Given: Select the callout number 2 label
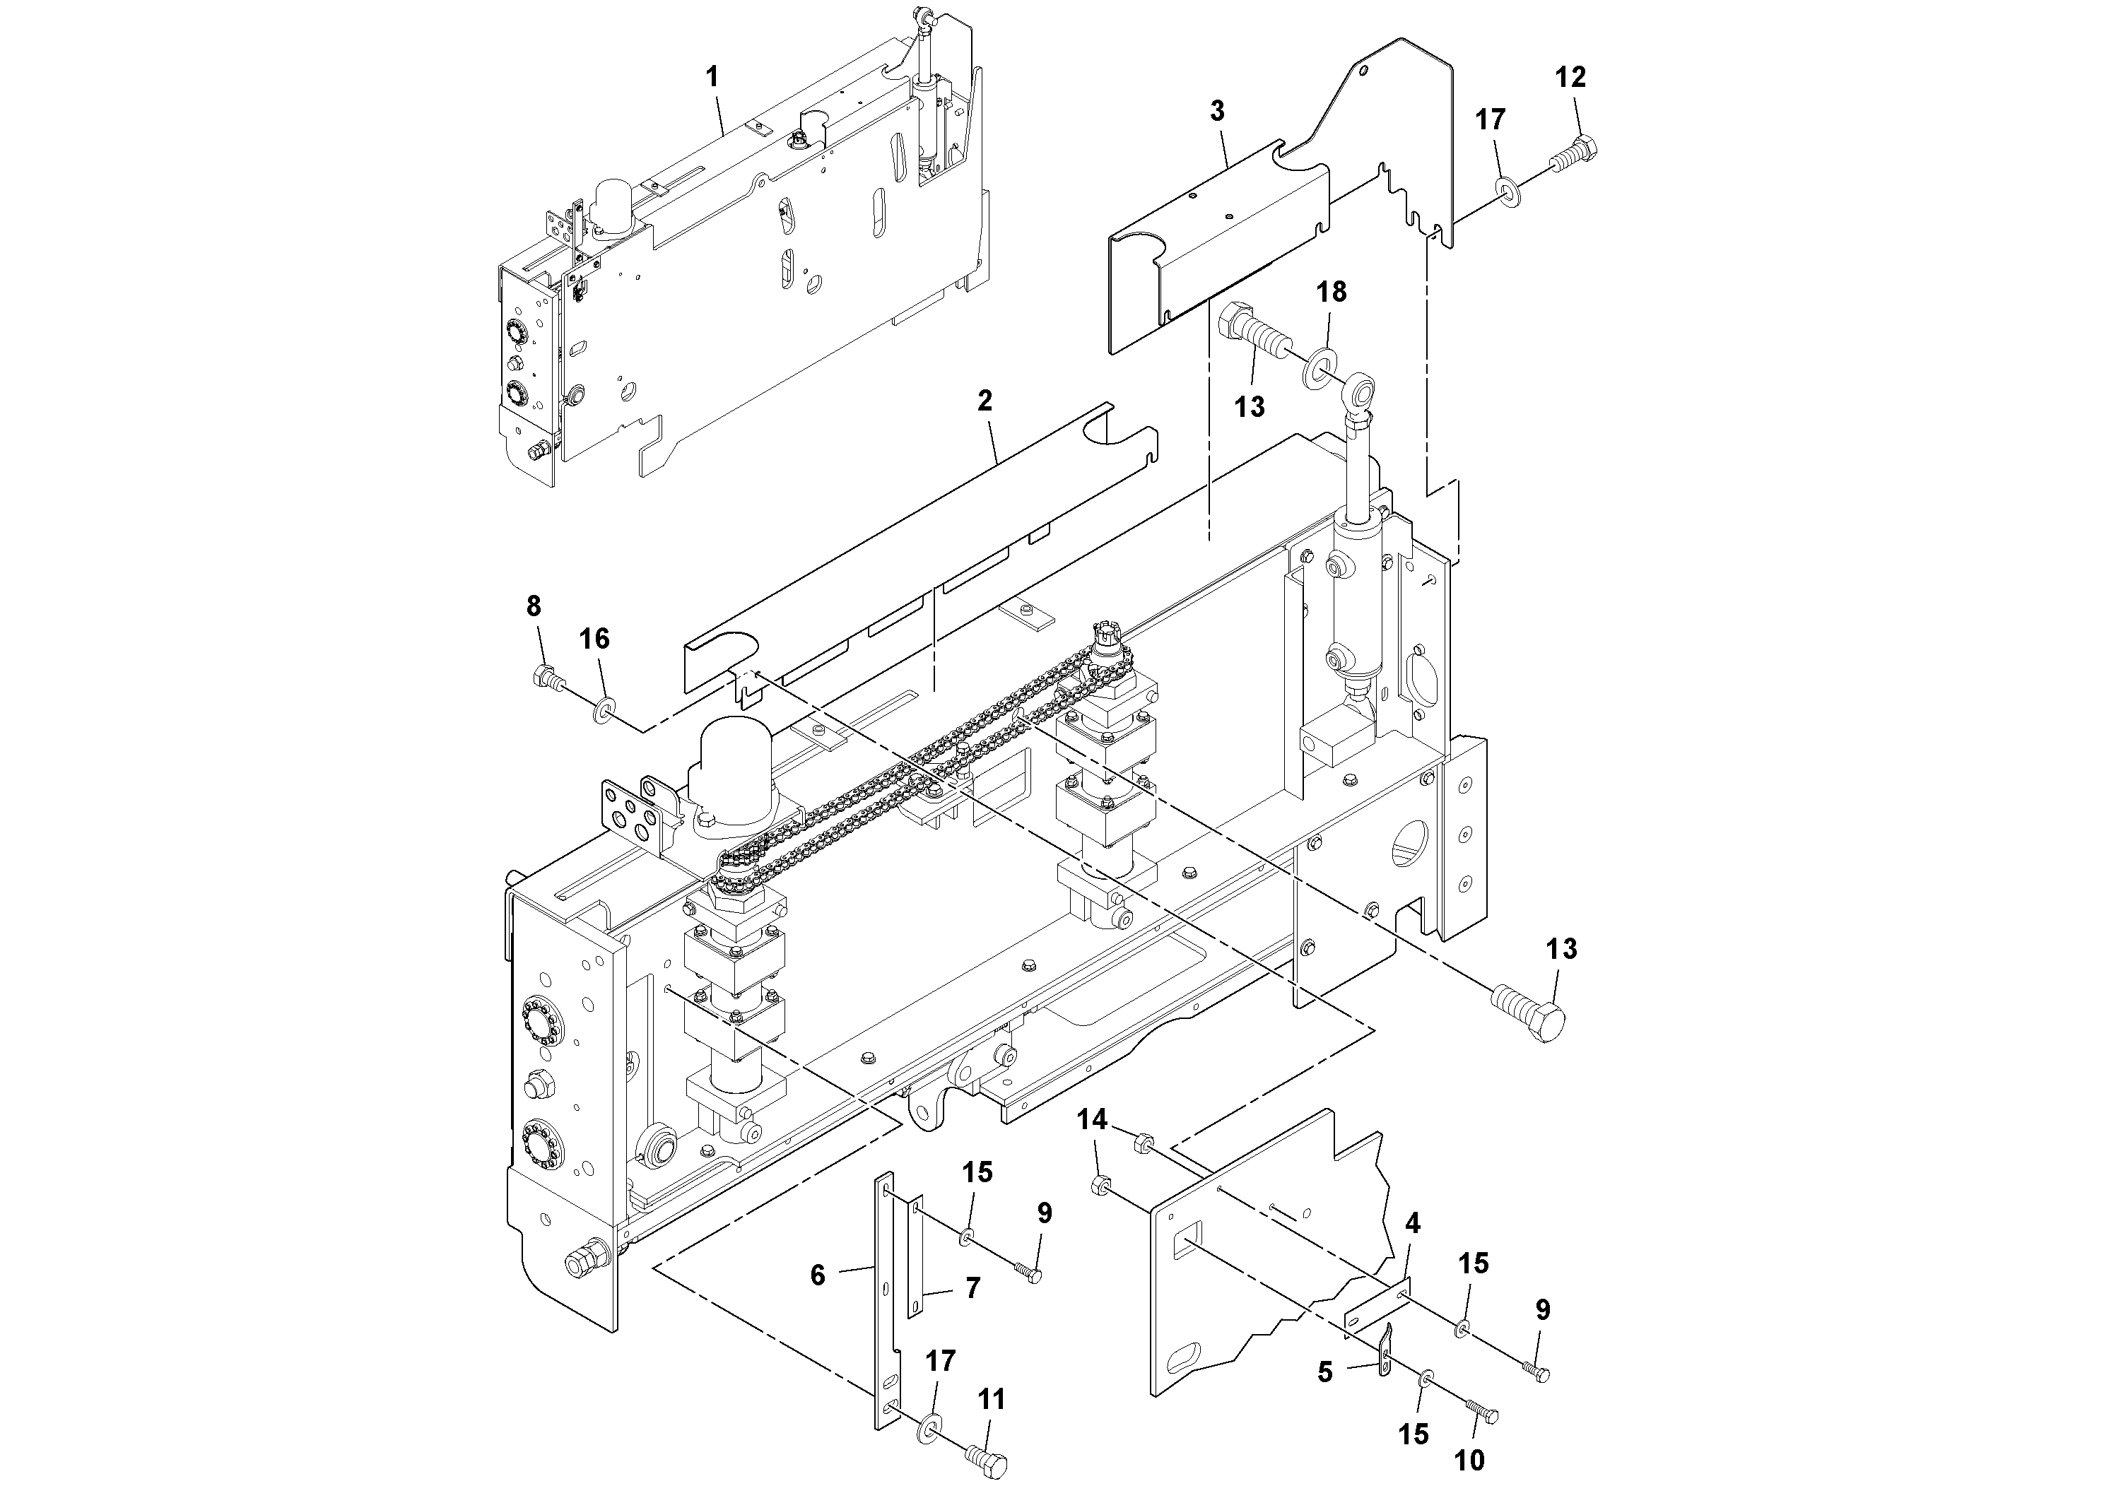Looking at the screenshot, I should (x=985, y=401).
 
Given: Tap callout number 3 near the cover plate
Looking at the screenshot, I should (x=1216, y=111).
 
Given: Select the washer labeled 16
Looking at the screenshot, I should (x=603, y=707).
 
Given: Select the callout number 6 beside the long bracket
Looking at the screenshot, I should (x=818, y=1274).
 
